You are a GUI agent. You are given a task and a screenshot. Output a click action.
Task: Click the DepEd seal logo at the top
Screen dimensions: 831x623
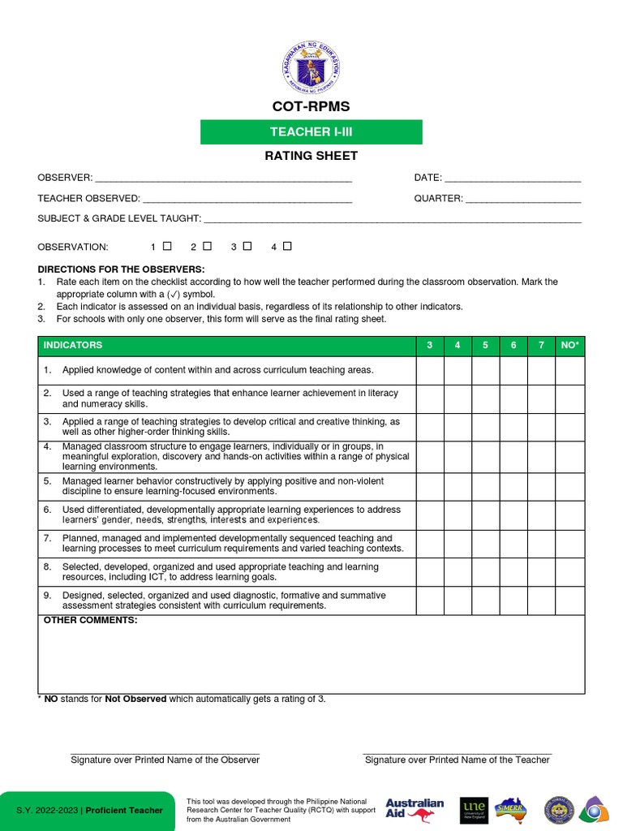(311, 67)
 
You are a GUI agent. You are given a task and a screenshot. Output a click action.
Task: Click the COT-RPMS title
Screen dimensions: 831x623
(311, 107)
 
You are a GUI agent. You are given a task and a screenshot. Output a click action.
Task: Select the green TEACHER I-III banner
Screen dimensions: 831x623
(311, 131)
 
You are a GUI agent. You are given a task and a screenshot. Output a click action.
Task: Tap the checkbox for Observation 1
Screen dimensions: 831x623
(167, 246)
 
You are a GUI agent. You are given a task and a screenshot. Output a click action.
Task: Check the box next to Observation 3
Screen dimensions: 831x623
(247, 246)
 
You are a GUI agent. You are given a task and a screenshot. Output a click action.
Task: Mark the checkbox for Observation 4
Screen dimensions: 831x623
(287, 246)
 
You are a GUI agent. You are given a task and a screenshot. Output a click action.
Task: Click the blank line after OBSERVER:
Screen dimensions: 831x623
(223, 178)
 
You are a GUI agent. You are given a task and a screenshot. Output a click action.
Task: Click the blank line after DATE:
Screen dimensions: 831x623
(513, 178)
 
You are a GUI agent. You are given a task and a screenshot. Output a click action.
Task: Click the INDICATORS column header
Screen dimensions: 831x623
(73, 346)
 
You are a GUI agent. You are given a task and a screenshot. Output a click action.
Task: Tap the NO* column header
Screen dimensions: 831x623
(569, 346)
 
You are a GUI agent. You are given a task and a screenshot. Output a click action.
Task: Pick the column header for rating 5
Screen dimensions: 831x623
(485, 346)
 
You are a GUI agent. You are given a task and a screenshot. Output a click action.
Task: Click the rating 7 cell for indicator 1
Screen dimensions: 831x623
(541, 370)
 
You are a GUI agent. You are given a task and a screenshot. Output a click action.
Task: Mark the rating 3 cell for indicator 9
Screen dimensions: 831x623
(430, 601)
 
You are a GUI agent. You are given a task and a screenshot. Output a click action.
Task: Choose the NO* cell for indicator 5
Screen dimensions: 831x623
(569, 486)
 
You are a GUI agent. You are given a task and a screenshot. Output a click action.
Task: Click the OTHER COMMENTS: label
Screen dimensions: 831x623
(90, 621)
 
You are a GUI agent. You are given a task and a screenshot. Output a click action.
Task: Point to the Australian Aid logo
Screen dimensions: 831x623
(415, 809)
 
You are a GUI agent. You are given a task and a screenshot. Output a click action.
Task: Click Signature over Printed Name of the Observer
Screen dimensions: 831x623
(165, 760)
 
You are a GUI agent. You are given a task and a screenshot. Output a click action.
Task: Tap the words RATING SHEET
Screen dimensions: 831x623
(311, 156)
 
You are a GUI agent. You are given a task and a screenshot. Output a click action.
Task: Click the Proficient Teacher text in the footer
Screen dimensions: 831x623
(124, 811)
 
